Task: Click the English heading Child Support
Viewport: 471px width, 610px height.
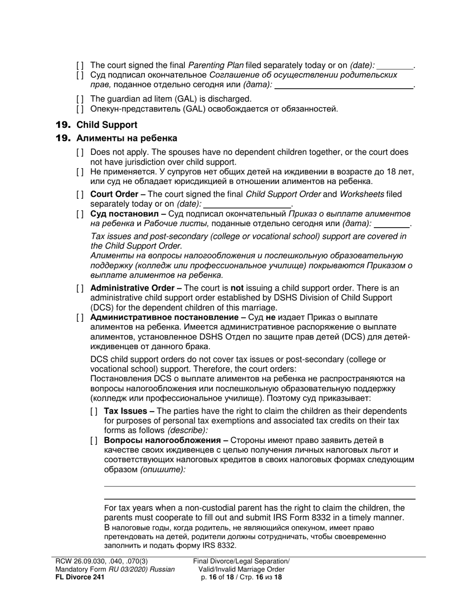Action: coord(107,124)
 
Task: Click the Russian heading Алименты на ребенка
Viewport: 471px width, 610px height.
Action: coord(126,138)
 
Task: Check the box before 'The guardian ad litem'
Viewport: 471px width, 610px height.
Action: coord(80,99)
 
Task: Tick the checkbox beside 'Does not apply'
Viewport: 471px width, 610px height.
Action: coord(80,153)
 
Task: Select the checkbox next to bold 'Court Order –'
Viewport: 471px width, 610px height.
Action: coord(80,194)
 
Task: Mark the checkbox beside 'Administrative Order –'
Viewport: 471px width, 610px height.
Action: coord(80,288)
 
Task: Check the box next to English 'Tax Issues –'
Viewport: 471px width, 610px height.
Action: coord(94,411)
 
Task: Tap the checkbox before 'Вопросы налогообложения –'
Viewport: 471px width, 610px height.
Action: coord(94,440)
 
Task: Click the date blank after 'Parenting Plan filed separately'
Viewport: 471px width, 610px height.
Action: coord(395,65)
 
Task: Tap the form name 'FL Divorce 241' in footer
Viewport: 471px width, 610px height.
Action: coord(79,577)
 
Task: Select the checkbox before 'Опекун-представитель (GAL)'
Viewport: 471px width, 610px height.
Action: coord(80,109)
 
